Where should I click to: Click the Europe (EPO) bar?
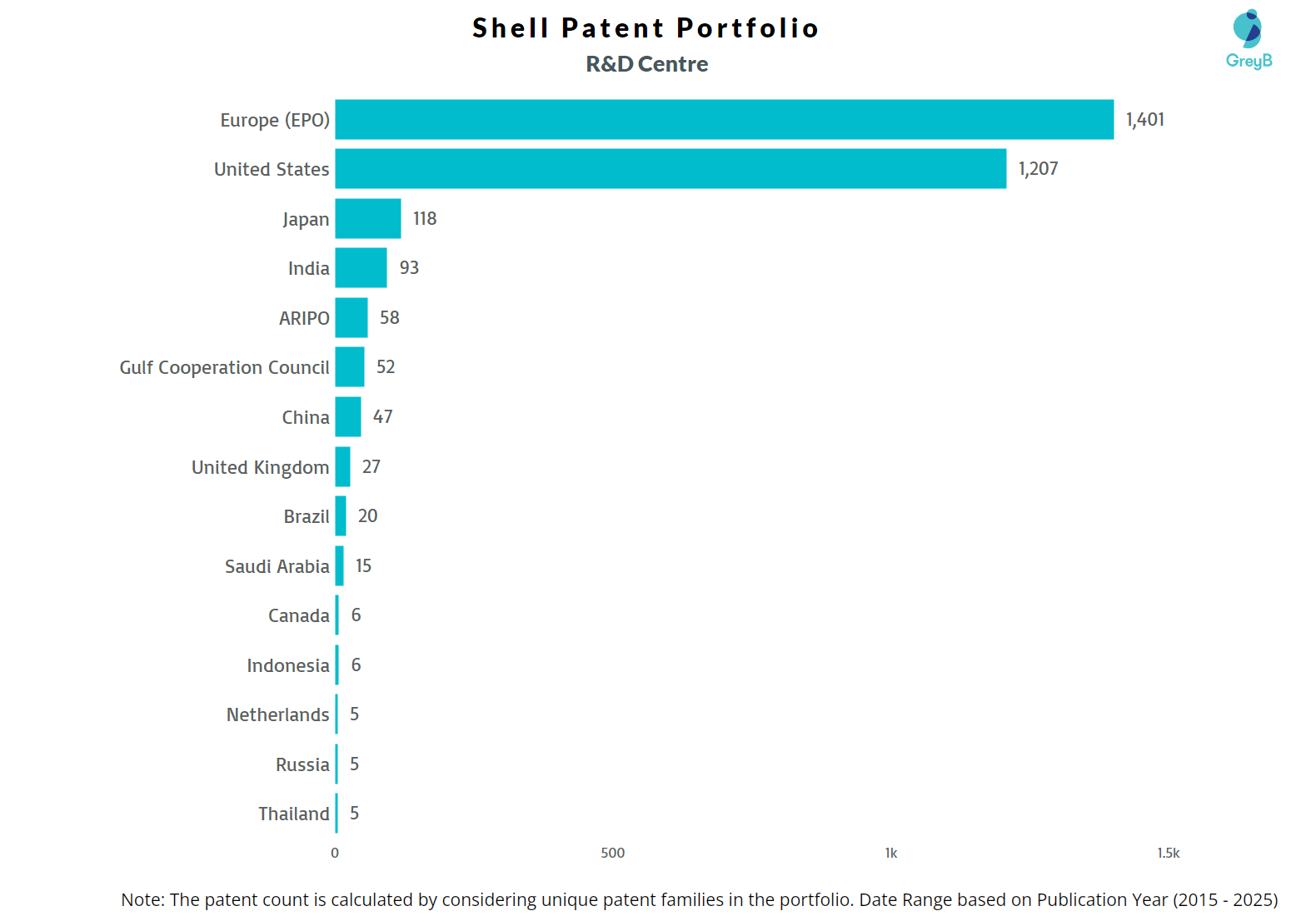724,120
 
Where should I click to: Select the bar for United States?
670,169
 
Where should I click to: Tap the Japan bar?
368,219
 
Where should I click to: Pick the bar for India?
361,268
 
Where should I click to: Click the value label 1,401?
1144,120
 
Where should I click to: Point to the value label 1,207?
1038,169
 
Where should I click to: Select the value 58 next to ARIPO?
389,318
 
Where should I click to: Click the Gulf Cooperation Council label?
224,368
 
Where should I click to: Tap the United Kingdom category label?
260,467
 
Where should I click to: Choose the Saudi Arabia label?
277,566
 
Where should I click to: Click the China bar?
348,417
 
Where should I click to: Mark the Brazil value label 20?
367,516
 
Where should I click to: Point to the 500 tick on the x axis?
612,853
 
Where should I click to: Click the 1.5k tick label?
1168,853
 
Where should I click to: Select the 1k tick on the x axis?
890,853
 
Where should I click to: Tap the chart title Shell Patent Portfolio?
645,28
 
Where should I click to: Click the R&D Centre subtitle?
646,64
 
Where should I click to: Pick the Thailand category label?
293,814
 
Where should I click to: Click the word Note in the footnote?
141,900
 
